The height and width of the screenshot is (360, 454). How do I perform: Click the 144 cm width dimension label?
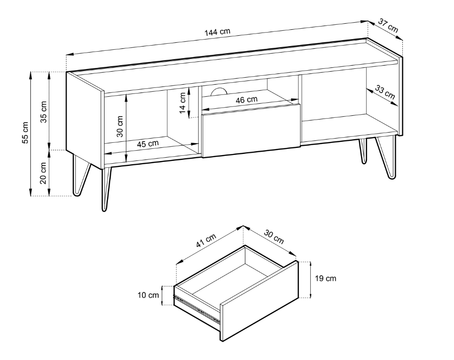coord(217,32)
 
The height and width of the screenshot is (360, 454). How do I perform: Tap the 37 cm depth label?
coord(388,26)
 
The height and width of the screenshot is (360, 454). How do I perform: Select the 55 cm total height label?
coord(25,133)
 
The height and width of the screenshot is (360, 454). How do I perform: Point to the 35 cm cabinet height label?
coord(43,112)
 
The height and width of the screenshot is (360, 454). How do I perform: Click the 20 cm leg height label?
coord(43,173)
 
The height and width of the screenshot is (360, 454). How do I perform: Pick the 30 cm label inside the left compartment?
coord(120,127)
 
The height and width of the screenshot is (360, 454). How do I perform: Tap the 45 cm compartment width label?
coord(147,144)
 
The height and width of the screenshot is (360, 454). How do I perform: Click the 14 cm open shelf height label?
coord(182,103)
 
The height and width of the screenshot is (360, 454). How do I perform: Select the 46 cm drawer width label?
coord(247,100)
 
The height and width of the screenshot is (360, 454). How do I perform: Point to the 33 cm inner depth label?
coord(385,92)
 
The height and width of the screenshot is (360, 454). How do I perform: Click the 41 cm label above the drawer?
coord(206,240)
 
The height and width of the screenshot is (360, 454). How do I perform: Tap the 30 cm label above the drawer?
coord(274,237)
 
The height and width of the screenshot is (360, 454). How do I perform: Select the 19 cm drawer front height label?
coord(326,278)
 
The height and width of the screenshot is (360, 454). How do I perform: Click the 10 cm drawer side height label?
coord(148,295)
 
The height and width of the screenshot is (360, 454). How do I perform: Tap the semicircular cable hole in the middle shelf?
coord(219,92)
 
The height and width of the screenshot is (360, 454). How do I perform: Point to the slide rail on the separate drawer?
coord(196,307)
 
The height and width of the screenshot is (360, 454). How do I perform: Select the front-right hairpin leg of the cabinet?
coord(386,158)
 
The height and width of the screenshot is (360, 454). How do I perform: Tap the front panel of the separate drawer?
coord(260,301)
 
